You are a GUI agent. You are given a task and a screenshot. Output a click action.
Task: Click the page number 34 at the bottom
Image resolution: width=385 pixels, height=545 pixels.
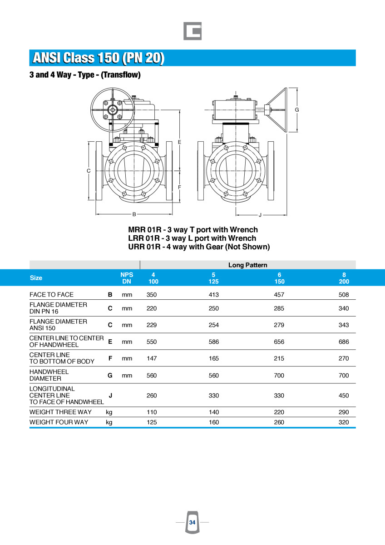tap(192, 523)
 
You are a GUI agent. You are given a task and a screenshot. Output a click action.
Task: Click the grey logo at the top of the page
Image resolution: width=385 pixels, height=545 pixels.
tap(192, 31)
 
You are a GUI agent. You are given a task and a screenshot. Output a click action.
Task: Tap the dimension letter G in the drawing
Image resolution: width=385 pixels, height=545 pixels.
tap(296, 109)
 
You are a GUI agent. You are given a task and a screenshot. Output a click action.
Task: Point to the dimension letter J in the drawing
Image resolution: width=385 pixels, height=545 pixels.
tap(260, 214)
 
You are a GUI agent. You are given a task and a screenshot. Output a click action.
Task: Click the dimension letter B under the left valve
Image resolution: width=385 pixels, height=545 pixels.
tap(134, 214)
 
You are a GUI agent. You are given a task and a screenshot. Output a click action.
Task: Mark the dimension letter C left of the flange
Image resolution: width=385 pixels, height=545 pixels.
tap(89, 171)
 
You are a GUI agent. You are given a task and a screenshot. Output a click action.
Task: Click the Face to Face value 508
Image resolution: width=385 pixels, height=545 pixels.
tap(344, 295)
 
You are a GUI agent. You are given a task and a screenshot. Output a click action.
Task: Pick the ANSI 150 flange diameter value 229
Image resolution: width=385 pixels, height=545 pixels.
tap(152, 325)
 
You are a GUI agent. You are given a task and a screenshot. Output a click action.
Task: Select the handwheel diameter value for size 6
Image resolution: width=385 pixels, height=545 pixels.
tap(279, 376)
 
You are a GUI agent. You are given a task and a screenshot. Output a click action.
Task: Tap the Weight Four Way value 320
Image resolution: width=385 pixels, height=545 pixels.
tap(344, 422)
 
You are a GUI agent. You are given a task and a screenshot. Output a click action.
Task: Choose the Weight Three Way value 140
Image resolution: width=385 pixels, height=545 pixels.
tap(213, 412)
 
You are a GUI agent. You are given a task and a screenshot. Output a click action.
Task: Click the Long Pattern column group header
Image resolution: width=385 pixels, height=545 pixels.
tap(247, 265)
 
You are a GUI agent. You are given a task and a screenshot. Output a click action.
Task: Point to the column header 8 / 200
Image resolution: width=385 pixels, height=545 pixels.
tap(344, 278)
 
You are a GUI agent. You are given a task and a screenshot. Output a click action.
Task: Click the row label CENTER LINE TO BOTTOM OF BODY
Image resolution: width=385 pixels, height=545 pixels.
tap(62, 358)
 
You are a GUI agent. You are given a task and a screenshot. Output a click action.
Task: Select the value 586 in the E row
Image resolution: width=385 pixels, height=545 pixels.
tap(213, 342)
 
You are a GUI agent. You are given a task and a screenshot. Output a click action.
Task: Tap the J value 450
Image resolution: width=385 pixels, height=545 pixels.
tap(344, 396)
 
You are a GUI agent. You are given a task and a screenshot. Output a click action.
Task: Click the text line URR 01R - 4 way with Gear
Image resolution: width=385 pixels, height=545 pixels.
tap(199, 247)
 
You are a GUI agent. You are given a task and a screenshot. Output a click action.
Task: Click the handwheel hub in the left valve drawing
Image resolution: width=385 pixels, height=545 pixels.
tap(112, 109)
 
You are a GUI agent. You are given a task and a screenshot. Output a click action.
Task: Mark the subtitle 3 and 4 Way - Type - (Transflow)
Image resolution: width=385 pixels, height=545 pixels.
tap(85, 75)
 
